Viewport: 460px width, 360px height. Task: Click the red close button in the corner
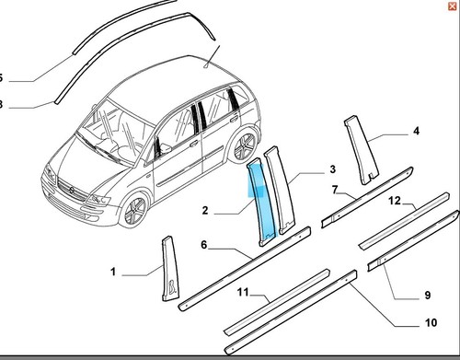coord(452,6)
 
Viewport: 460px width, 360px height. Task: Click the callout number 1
coord(113,272)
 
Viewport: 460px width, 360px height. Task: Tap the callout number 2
coord(205,210)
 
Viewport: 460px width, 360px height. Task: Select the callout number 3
coord(333,169)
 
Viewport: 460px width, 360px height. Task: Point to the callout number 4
coord(416,131)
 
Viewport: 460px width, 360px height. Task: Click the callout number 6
coord(204,245)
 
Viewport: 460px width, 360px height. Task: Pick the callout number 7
coord(335,190)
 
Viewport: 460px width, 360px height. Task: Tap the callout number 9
coord(428,296)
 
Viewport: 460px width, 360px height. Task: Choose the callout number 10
coord(431,322)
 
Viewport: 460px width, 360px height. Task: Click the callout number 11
coord(243,292)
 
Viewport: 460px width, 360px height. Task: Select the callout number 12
coord(395,201)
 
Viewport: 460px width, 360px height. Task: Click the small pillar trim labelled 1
coord(169,270)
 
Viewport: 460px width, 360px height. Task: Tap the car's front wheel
coord(135,211)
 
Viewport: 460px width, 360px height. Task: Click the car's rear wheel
coord(245,146)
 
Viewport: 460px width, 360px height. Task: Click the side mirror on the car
coord(165,149)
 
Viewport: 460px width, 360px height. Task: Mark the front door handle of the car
coord(194,143)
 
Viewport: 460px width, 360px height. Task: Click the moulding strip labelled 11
coord(277,302)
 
